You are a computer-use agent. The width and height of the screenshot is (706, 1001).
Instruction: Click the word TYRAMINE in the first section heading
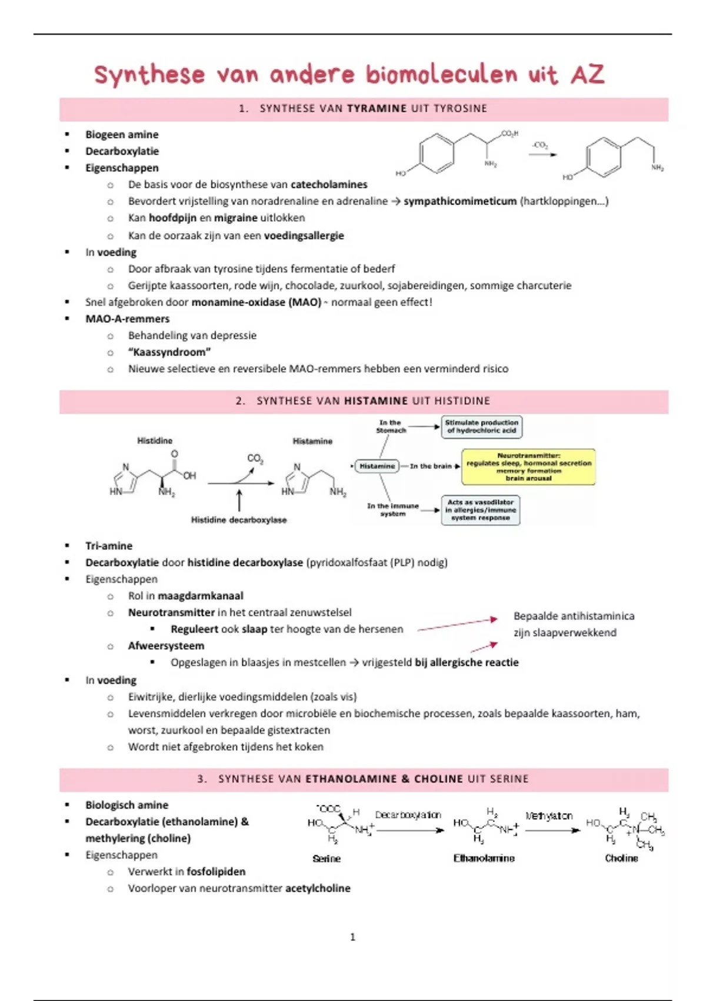(x=377, y=108)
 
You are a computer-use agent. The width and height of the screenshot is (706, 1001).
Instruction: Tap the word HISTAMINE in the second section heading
(x=376, y=401)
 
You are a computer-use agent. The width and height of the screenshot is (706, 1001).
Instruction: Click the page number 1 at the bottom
(x=352, y=937)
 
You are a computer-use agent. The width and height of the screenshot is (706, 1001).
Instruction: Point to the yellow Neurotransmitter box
(x=528, y=467)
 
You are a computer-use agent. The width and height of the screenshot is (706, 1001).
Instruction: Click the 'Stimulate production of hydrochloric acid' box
(x=481, y=427)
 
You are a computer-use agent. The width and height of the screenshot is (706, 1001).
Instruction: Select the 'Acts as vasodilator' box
(x=480, y=510)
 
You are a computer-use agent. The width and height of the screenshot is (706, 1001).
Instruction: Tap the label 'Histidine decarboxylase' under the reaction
(x=239, y=520)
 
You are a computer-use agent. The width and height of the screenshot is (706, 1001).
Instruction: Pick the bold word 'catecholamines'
(x=329, y=184)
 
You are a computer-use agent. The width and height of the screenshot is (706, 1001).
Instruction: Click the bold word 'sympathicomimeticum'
(x=459, y=201)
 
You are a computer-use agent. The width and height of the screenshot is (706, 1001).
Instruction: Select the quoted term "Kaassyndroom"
(x=169, y=352)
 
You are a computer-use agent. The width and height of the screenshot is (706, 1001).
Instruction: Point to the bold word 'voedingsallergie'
(x=304, y=236)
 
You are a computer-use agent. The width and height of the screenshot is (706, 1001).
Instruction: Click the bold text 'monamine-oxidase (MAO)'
(x=256, y=302)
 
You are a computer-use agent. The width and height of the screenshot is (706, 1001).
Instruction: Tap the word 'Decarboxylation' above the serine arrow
(x=408, y=815)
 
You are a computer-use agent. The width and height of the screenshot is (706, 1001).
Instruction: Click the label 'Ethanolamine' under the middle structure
(x=484, y=859)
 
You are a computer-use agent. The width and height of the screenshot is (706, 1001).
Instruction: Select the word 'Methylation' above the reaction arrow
(x=548, y=816)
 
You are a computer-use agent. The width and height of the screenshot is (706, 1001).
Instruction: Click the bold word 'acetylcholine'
(x=318, y=888)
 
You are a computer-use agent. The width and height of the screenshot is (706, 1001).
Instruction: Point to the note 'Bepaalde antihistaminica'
(x=574, y=616)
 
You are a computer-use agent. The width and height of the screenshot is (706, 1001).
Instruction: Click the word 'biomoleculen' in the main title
(x=441, y=75)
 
